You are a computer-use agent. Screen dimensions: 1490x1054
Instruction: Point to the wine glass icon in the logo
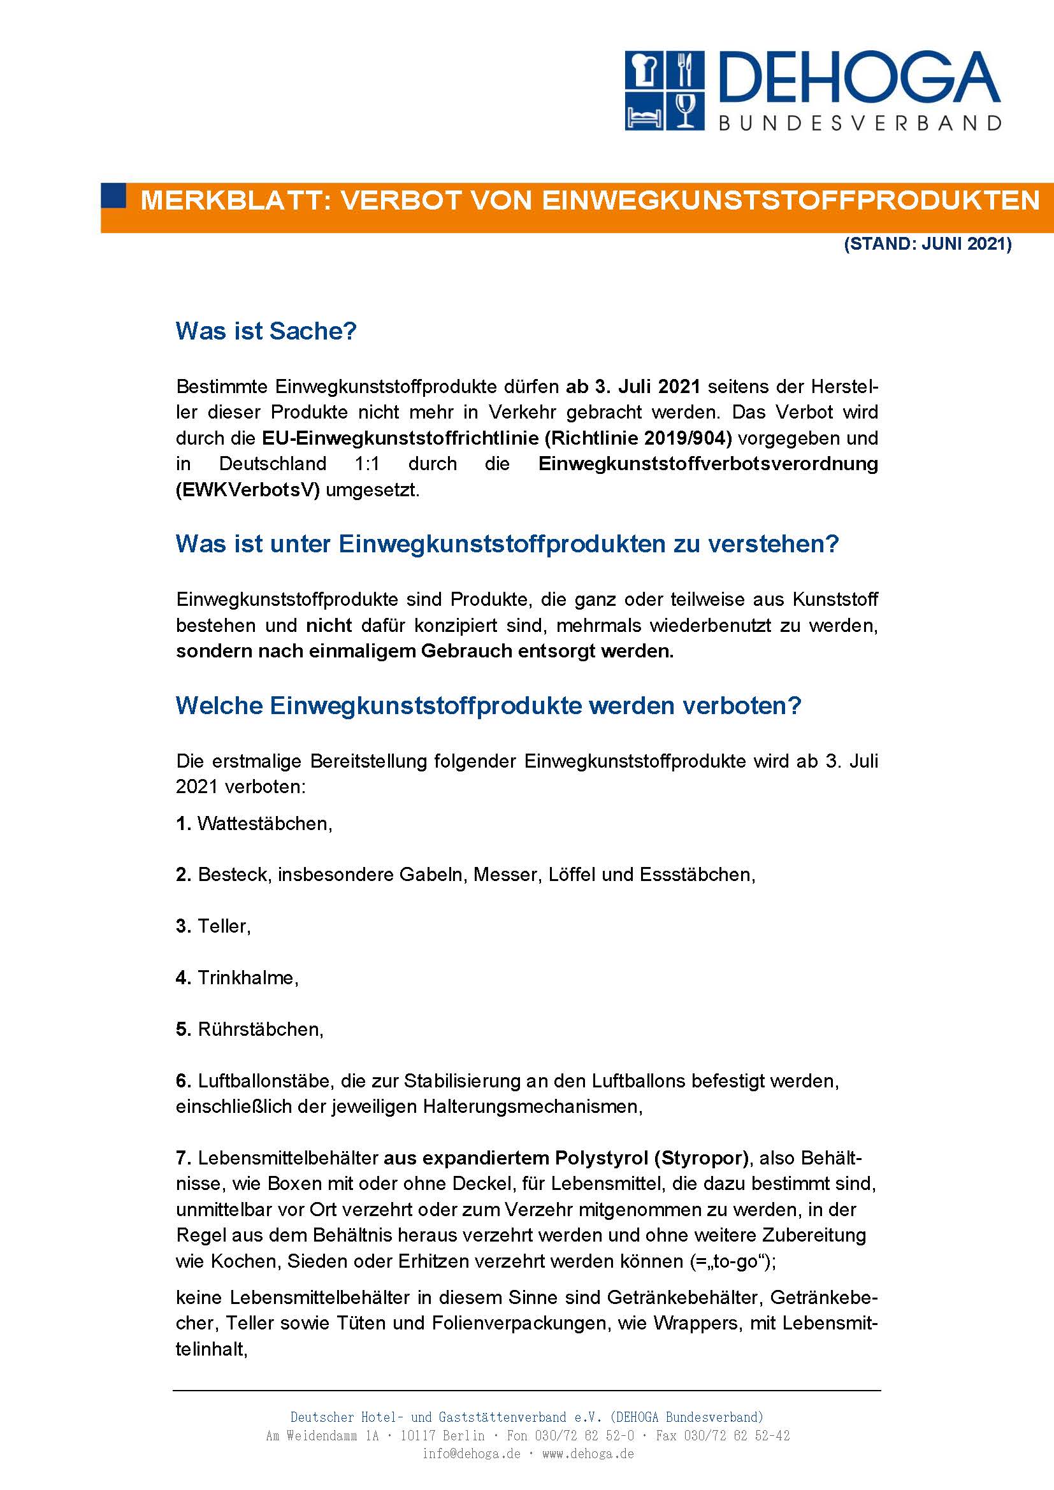(x=684, y=110)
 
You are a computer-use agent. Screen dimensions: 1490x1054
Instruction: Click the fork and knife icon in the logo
(x=684, y=71)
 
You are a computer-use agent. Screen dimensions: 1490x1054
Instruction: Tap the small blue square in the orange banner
(x=114, y=196)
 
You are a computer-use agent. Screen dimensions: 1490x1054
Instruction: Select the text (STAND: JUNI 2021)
(x=927, y=245)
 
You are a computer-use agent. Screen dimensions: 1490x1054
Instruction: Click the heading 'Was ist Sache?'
(x=266, y=331)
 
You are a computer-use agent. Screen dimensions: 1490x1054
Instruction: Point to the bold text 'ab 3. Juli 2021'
(x=633, y=387)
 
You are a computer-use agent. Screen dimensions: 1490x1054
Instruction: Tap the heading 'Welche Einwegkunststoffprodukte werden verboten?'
(x=488, y=705)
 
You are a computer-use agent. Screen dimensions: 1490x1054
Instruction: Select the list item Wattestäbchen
(x=264, y=824)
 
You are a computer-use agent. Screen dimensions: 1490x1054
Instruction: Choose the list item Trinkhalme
(x=247, y=978)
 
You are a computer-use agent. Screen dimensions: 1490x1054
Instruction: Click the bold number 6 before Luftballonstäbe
(x=182, y=1081)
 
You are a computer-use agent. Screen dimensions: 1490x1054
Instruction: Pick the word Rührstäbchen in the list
(x=259, y=1029)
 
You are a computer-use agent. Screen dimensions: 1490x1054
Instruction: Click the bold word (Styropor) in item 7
(x=700, y=1158)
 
